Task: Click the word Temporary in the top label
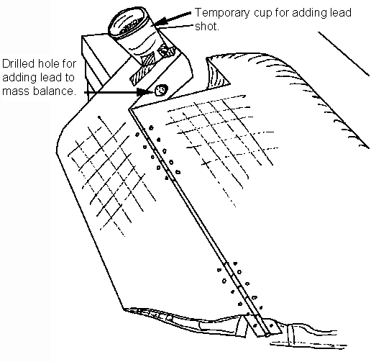pos(222,13)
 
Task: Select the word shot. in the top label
pos(207,27)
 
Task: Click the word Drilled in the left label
pos(19,64)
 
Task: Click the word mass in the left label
pos(17,91)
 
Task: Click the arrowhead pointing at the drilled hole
pos(142,92)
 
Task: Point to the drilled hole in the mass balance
pos(160,91)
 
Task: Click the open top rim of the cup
pos(128,23)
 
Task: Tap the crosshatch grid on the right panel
pos(221,144)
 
